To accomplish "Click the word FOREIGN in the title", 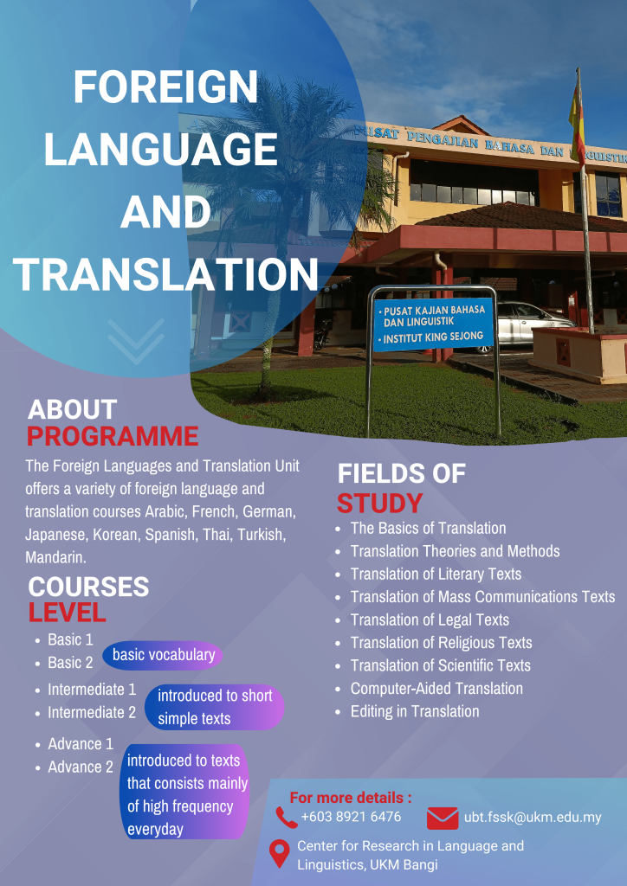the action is (x=165, y=87).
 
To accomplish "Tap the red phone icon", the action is (x=287, y=817).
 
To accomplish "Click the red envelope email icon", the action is (x=443, y=818).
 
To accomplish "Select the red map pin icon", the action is (x=279, y=853).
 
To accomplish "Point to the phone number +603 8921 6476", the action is (x=351, y=817).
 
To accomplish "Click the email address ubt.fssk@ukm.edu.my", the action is (x=533, y=817).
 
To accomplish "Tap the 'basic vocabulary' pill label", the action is (x=163, y=655).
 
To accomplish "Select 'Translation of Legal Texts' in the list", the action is (x=430, y=620).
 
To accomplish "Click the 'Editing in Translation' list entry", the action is (x=415, y=711).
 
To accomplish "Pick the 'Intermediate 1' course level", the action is (x=92, y=690).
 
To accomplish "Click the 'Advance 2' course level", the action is (x=81, y=767).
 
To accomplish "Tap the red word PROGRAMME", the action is (x=113, y=436).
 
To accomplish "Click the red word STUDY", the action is (x=379, y=503).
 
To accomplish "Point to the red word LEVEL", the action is (x=68, y=613).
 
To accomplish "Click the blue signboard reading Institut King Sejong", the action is (x=432, y=324).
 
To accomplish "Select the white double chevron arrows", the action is (x=136, y=341).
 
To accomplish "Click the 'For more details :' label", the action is (x=351, y=798).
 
